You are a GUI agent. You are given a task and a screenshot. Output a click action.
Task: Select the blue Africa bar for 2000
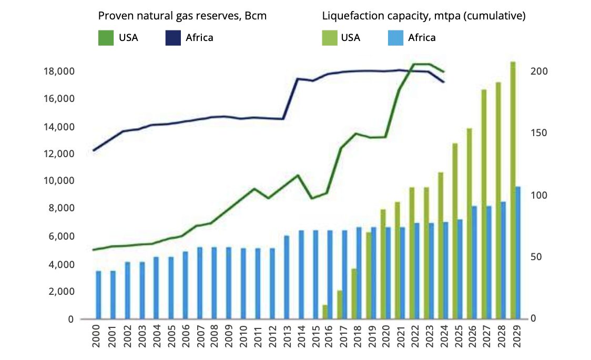[98, 295]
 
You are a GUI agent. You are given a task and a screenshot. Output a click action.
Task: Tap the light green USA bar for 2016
[325, 312]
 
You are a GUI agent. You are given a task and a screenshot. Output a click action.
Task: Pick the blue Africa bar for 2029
[518, 253]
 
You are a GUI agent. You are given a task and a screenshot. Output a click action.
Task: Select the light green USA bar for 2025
[455, 231]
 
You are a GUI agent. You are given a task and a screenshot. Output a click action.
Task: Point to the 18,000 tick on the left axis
[58, 71]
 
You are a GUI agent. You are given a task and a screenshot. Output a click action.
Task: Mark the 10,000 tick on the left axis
[58, 181]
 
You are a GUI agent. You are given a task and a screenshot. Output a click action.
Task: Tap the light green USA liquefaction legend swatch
[329, 37]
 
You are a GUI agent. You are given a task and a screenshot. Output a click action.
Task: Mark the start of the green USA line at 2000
[94, 250]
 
